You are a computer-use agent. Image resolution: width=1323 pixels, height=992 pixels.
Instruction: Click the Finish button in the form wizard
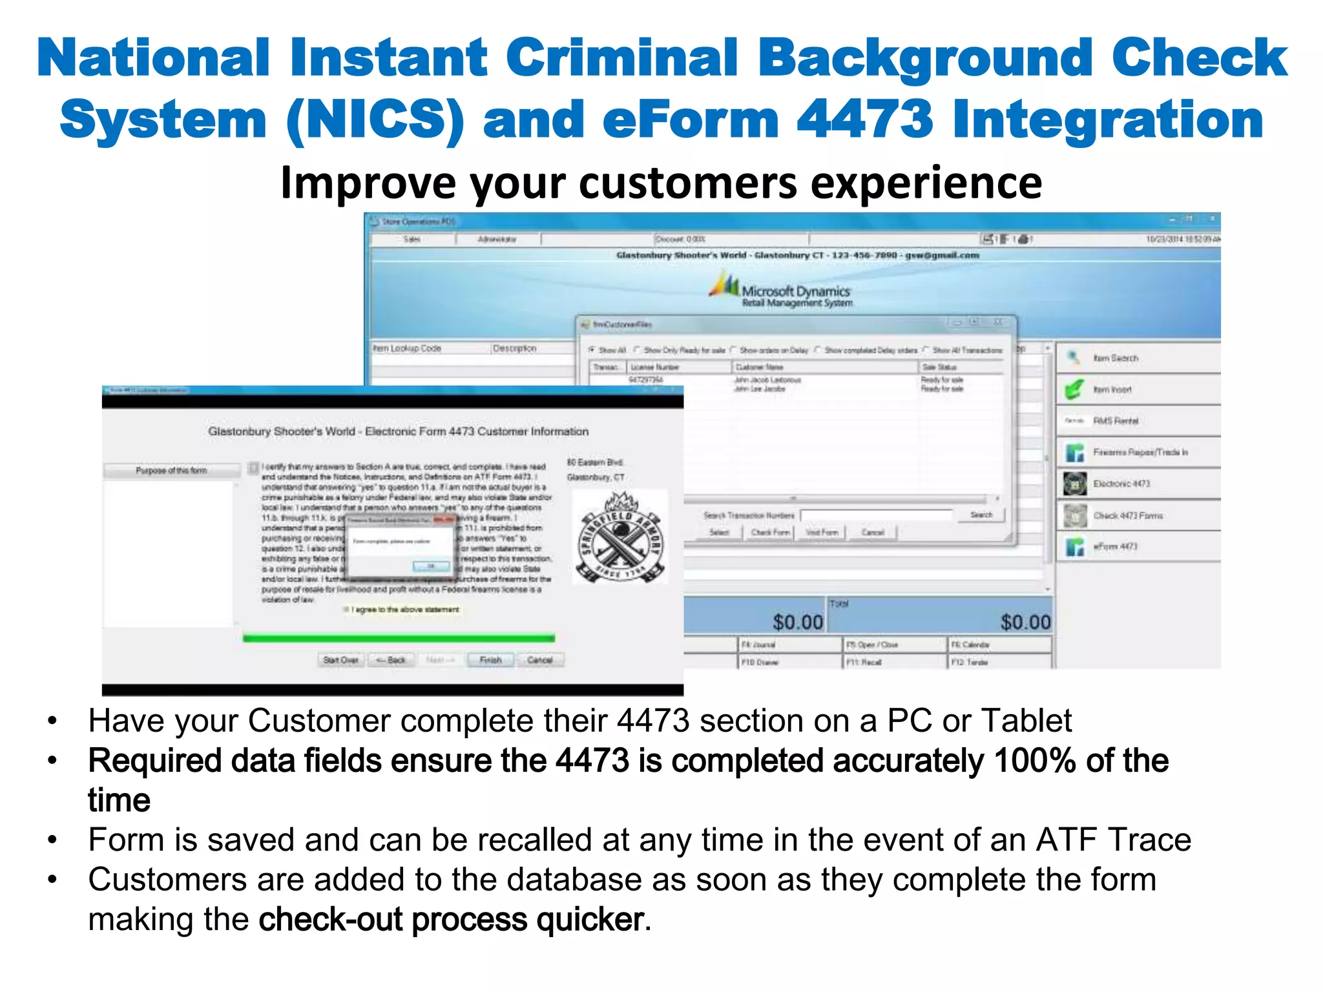coord(490,659)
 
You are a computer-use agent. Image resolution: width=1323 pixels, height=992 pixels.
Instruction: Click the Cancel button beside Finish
coord(539,659)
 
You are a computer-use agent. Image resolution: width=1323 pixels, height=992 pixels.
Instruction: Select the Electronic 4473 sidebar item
coord(1121,483)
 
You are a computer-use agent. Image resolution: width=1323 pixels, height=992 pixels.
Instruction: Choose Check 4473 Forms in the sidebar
coord(1127,515)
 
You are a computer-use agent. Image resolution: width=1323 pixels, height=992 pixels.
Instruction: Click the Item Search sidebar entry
coord(1116,358)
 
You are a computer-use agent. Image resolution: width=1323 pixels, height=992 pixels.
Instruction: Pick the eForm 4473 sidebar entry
coord(1115,546)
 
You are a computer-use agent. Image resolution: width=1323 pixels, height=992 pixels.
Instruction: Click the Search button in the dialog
coord(981,515)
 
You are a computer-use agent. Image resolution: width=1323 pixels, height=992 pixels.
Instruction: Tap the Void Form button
coord(822,532)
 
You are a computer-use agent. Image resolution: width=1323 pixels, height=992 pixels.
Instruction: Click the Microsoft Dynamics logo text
coord(795,291)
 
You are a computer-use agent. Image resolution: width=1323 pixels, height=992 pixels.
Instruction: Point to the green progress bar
coord(399,638)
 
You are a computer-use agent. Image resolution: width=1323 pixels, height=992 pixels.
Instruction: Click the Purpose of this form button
coord(171,470)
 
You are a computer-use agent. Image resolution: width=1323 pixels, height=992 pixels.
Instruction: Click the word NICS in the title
coord(375,119)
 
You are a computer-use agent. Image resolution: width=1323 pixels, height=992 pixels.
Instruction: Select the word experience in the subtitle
coord(926,183)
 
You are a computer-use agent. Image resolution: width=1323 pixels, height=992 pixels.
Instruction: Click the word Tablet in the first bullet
coord(1026,721)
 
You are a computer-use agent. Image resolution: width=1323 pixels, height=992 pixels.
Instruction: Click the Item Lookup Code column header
coord(407,348)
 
